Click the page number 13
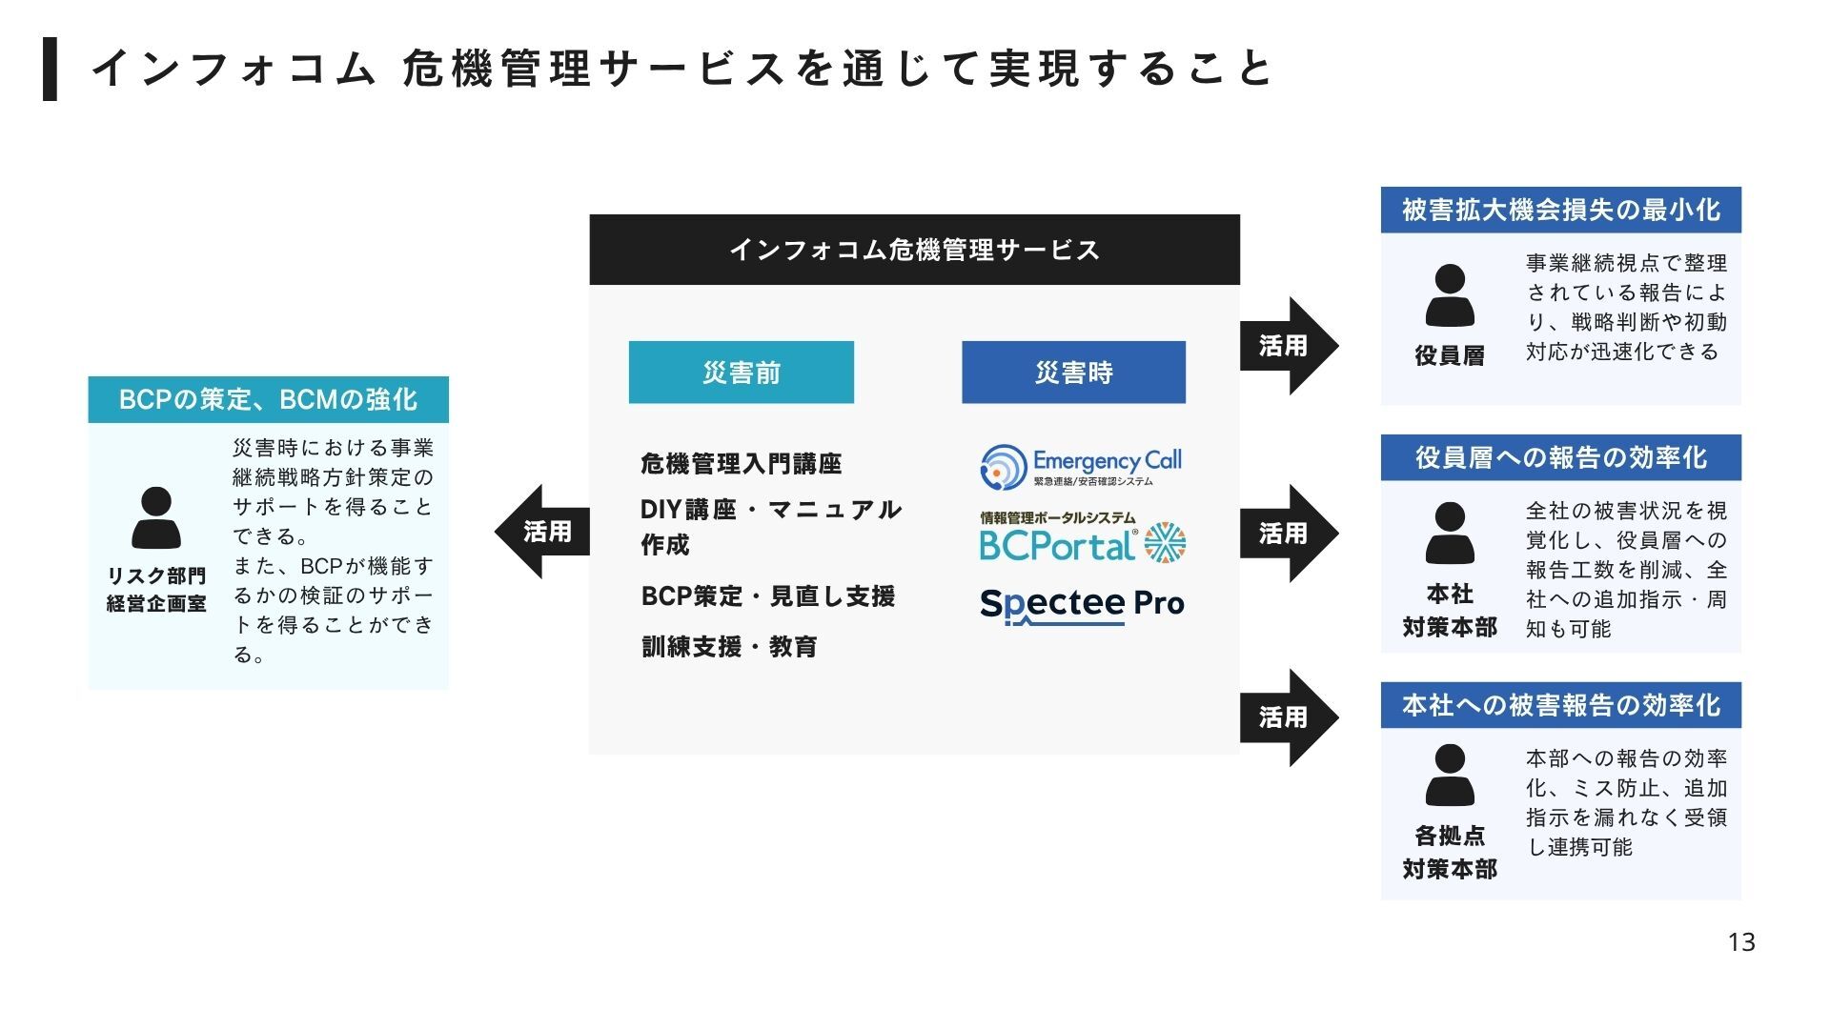coord(1740,942)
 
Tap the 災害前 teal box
coord(741,373)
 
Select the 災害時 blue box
coord(1073,373)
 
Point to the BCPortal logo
coord(1082,538)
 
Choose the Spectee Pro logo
coord(1082,604)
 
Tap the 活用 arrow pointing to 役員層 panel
coord(1288,346)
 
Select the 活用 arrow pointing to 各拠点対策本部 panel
coord(1288,717)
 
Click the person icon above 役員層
coord(1450,296)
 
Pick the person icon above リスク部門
coord(156,517)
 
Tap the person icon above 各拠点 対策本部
coord(1450,776)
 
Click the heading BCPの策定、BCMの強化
coord(268,399)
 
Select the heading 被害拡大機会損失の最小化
coord(1560,210)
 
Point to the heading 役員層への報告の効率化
coord(1560,457)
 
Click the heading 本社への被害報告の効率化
coord(1560,705)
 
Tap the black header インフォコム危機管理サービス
coord(914,250)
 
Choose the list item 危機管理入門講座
coord(741,464)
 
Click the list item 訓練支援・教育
coord(729,647)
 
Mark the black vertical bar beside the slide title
coord(50,69)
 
